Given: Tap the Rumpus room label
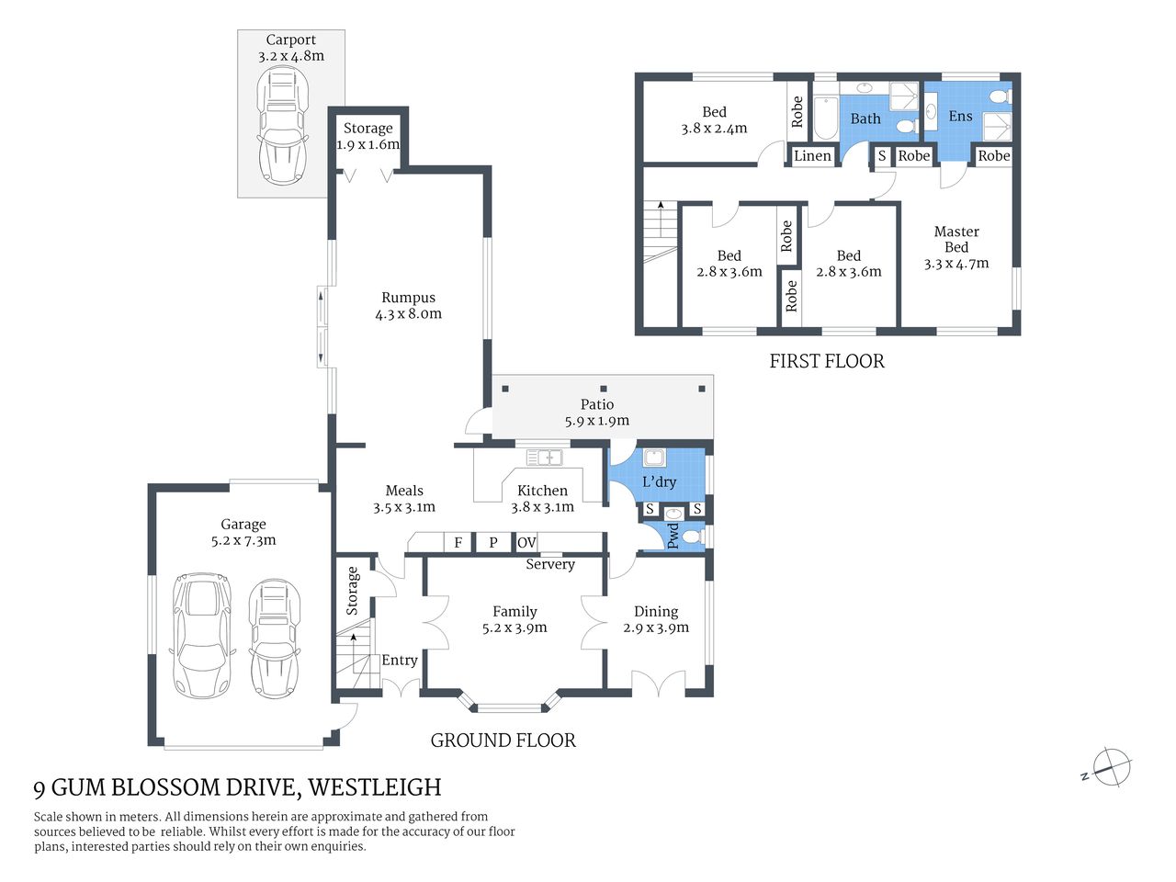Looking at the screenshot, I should tap(408, 298).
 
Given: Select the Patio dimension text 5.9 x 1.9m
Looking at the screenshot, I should tap(596, 421).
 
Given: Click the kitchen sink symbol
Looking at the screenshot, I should tap(544, 457).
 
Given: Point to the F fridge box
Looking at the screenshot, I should tap(458, 543).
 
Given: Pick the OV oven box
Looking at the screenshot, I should tap(526, 543).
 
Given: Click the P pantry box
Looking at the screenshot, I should tap(492, 543).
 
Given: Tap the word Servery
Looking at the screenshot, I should tap(549, 564).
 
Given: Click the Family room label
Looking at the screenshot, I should tap(514, 611).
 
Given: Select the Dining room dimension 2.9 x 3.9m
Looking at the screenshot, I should tap(655, 628).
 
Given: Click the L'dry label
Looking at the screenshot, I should tap(659, 481).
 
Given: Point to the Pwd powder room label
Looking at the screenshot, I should tap(673, 536).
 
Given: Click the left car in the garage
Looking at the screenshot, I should tap(201, 634).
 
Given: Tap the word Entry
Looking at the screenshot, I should tap(399, 660).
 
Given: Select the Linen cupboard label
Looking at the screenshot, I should tap(812, 155).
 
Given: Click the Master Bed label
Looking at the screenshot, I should tap(955, 239).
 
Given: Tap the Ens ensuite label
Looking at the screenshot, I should tap(960, 116).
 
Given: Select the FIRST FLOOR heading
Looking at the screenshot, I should tap(826, 361).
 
